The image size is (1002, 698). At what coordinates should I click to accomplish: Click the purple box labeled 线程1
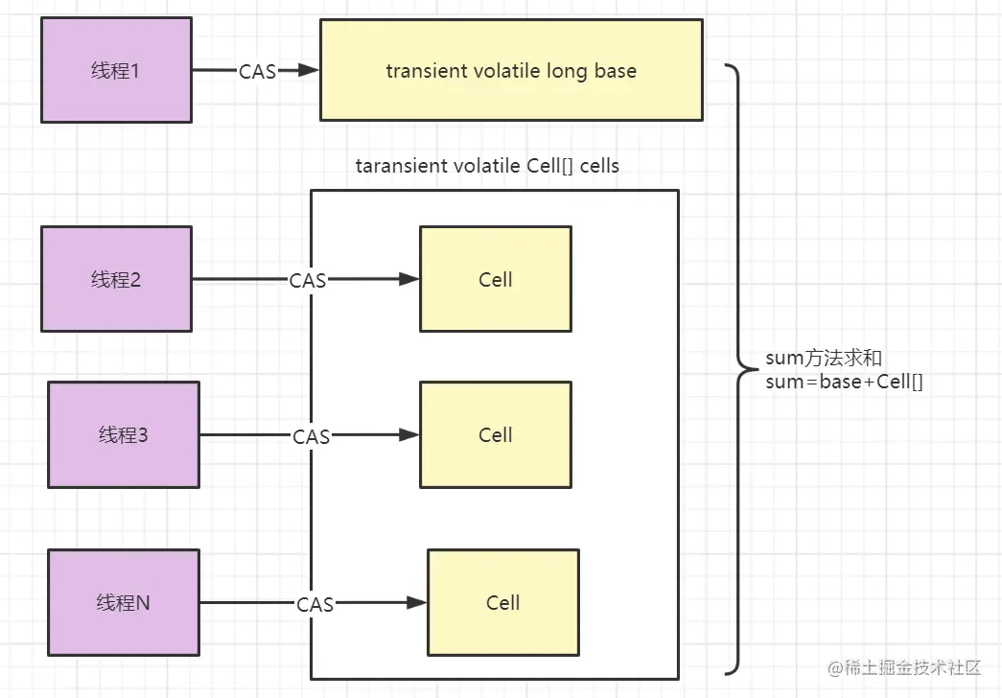[x=116, y=70]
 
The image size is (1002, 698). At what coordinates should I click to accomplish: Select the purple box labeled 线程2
[x=116, y=279]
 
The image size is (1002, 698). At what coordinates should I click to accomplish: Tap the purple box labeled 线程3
[x=124, y=434]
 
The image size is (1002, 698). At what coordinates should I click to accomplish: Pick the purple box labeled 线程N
[x=124, y=602]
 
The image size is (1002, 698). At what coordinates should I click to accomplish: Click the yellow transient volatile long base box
[x=511, y=70]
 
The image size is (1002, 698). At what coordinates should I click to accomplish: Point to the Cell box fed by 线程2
[x=496, y=279]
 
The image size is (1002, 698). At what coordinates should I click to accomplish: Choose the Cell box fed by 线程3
[x=496, y=434]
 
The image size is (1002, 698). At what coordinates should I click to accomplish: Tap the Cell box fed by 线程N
[x=503, y=602]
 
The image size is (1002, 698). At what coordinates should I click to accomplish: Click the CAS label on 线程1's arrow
[x=257, y=71]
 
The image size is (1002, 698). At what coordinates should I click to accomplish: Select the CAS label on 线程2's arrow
[x=308, y=281]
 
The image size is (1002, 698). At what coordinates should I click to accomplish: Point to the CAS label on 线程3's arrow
[x=312, y=437]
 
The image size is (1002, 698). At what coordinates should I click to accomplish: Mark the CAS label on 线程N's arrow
[x=315, y=605]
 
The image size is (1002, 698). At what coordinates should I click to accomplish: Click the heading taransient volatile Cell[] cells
[x=487, y=166]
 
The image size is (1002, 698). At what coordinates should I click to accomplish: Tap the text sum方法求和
[x=823, y=359]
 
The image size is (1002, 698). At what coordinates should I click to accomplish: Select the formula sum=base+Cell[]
[x=844, y=382]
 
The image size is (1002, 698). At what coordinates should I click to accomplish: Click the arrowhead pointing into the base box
[x=309, y=70]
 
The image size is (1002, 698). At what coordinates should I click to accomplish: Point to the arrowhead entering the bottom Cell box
[x=417, y=602]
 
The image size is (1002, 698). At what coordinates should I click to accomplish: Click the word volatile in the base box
[x=505, y=71]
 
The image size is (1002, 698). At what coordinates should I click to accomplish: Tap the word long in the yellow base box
[x=568, y=71]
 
